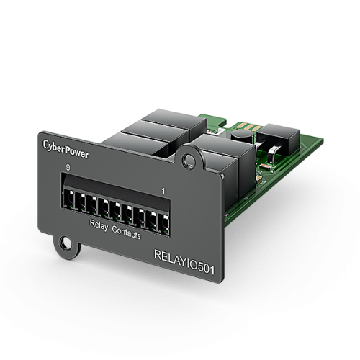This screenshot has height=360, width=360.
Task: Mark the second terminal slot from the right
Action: point(154,214)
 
